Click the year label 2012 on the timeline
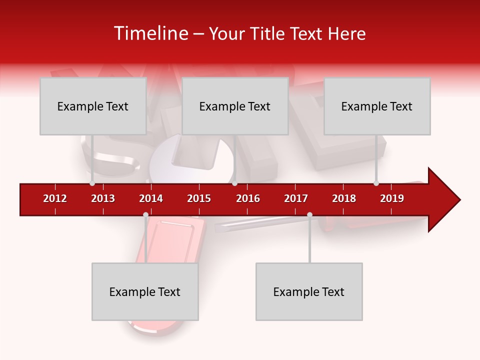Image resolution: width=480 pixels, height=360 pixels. point(55,198)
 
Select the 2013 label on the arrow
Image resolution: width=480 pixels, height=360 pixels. point(103,198)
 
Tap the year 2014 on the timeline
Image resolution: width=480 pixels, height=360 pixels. point(151,198)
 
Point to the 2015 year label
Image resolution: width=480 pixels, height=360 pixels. point(199,198)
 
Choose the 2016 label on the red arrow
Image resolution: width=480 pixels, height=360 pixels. point(248,198)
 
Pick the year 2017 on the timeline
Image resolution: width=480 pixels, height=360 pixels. point(296,198)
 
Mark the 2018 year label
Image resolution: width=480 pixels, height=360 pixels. point(344,198)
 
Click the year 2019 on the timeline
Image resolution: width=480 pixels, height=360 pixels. point(392,198)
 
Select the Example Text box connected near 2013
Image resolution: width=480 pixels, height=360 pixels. point(93,106)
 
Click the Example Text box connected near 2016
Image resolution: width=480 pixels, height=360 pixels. point(235,106)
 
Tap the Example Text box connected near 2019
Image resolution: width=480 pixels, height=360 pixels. point(377,106)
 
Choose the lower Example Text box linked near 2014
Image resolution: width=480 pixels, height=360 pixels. point(145,291)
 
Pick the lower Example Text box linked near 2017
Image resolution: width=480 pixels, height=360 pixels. point(309,291)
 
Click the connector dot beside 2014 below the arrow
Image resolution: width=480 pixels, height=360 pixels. point(145,215)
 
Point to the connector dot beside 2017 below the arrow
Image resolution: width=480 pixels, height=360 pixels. point(309,215)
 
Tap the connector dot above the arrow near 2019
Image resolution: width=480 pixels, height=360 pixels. point(376,183)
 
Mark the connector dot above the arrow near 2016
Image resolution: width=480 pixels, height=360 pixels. point(234,183)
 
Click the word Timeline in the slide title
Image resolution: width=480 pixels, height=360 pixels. point(150,33)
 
